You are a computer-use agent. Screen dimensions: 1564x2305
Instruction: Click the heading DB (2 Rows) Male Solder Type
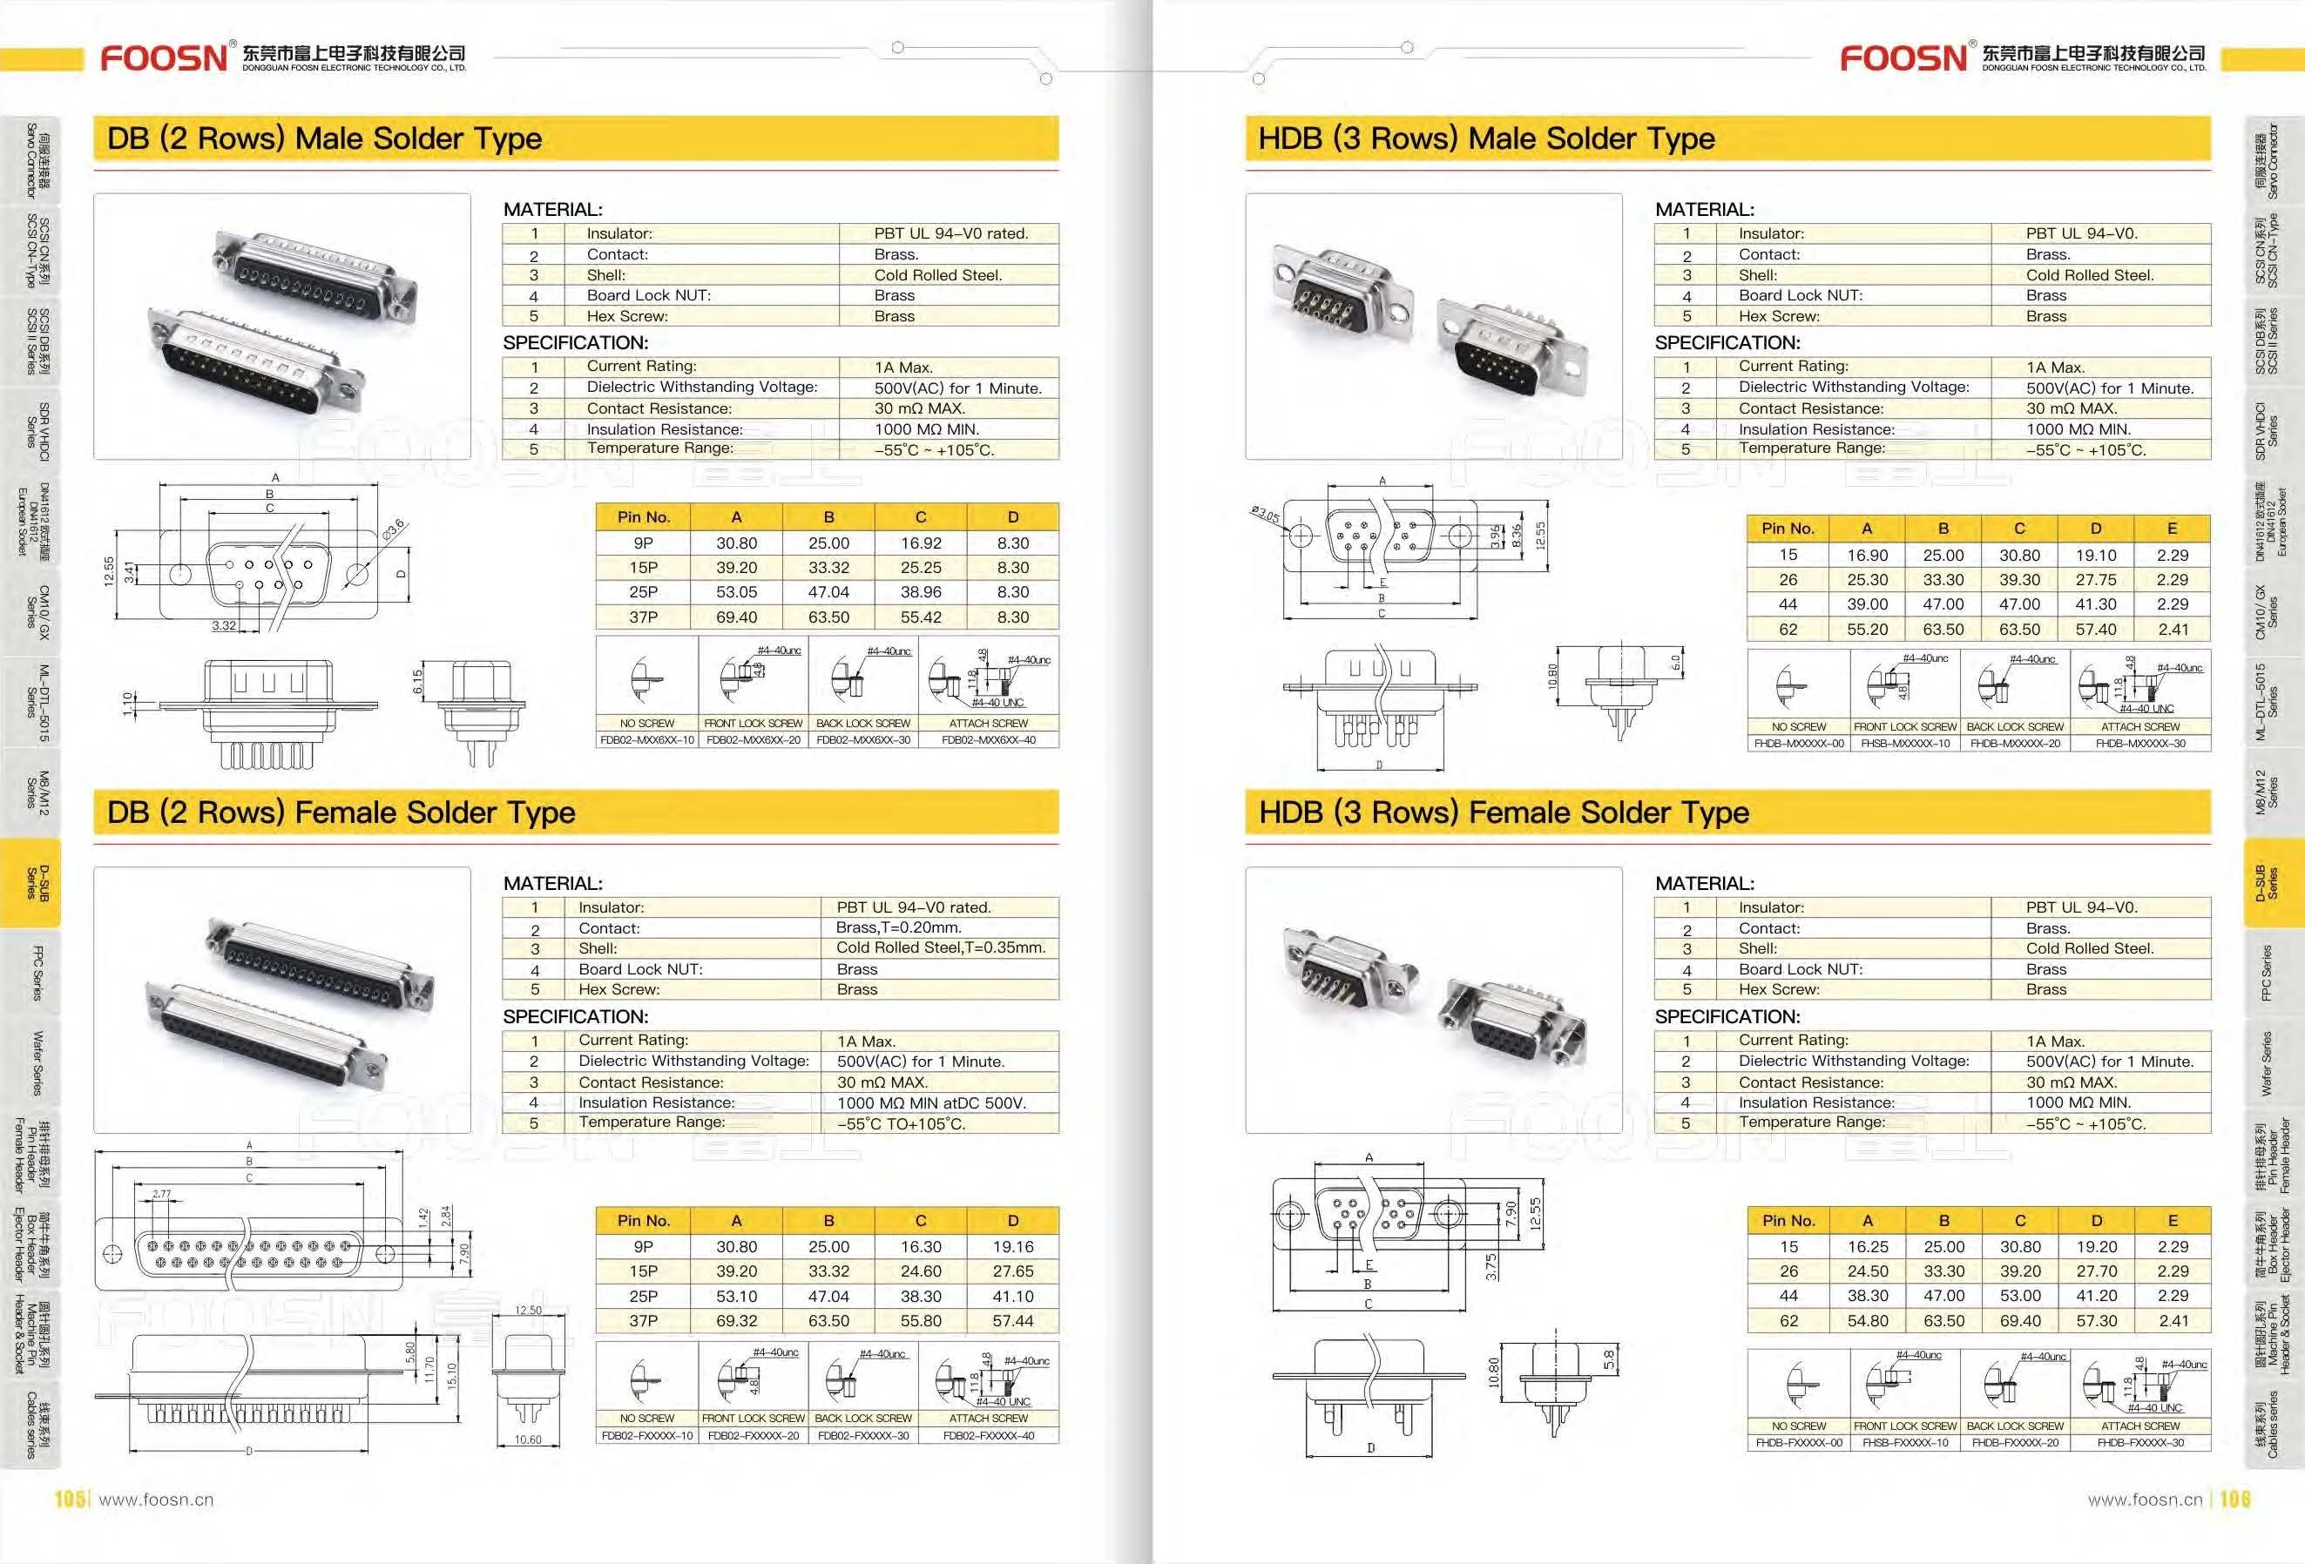click(x=324, y=138)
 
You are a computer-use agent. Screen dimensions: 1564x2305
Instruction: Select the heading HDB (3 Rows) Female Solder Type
click(x=1503, y=812)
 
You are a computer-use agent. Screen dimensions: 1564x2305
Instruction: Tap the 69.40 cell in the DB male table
click(x=736, y=617)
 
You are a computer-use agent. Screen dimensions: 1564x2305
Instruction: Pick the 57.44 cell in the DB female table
click(x=1012, y=1320)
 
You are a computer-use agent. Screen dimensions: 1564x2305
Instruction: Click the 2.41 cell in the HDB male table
click(x=2172, y=629)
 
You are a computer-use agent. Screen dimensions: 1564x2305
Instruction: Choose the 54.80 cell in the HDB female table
click(x=1868, y=1320)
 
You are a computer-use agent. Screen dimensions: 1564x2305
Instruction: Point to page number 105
click(x=70, y=1499)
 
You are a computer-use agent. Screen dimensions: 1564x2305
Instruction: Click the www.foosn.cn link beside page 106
click(x=2145, y=1500)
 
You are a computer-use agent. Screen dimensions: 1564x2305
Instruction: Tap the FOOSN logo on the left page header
click(x=165, y=57)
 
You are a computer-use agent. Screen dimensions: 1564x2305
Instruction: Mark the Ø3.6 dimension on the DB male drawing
click(x=393, y=530)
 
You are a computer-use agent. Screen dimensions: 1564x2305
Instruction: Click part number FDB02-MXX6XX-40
click(x=988, y=740)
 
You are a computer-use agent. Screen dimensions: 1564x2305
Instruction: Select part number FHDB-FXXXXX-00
click(x=1798, y=1442)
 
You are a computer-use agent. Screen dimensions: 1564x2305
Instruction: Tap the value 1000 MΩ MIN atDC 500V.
click(x=931, y=1102)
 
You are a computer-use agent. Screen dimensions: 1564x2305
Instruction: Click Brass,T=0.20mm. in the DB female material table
click(x=899, y=927)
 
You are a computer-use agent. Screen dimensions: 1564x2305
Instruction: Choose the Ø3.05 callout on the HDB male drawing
click(x=1266, y=515)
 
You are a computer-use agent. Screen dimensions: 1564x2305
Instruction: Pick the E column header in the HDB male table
click(x=2172, y=529)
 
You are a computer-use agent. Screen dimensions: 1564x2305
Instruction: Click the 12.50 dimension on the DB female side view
click(x=528, y=1310)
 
